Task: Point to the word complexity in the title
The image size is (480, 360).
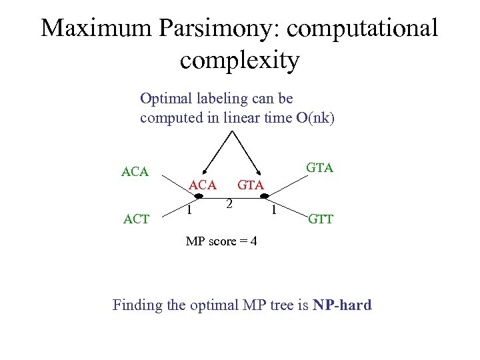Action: tap(239, 61)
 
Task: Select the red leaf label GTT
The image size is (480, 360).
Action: tap(320, 219)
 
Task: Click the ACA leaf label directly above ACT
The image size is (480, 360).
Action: tap(135, 172)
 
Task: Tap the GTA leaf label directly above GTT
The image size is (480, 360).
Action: tap(319, 167)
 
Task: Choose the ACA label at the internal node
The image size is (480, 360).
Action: tap(203, 185)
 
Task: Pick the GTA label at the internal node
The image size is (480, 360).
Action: tap(251, 185)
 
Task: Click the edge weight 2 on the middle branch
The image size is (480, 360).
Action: tap(228, 204)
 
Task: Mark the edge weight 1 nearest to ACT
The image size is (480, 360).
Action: tap(189, 211)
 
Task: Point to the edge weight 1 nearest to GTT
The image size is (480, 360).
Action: tap(273, 211)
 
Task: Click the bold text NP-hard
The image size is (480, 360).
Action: tap(337, 305)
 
